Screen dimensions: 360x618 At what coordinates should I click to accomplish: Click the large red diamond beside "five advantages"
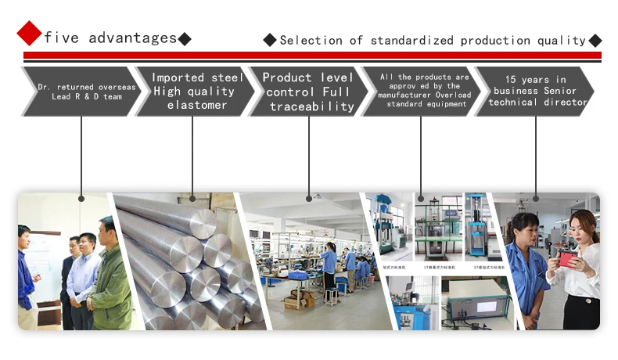[29, 33]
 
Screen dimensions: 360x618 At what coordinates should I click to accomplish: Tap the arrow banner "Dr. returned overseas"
[82, 92]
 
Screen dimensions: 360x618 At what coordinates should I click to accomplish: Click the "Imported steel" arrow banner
[192, 91]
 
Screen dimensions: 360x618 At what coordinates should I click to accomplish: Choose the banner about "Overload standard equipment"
[422, 91]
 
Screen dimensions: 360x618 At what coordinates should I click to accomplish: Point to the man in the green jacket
[111, 282]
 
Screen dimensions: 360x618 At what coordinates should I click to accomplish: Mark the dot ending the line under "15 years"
[536, 197]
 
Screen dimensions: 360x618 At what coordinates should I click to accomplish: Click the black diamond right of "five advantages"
[185, 38]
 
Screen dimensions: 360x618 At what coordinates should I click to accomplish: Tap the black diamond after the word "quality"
[595, 40]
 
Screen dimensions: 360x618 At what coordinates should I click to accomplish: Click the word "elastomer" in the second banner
[197, 105]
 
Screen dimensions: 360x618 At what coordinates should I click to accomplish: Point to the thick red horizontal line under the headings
[312, 56]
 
